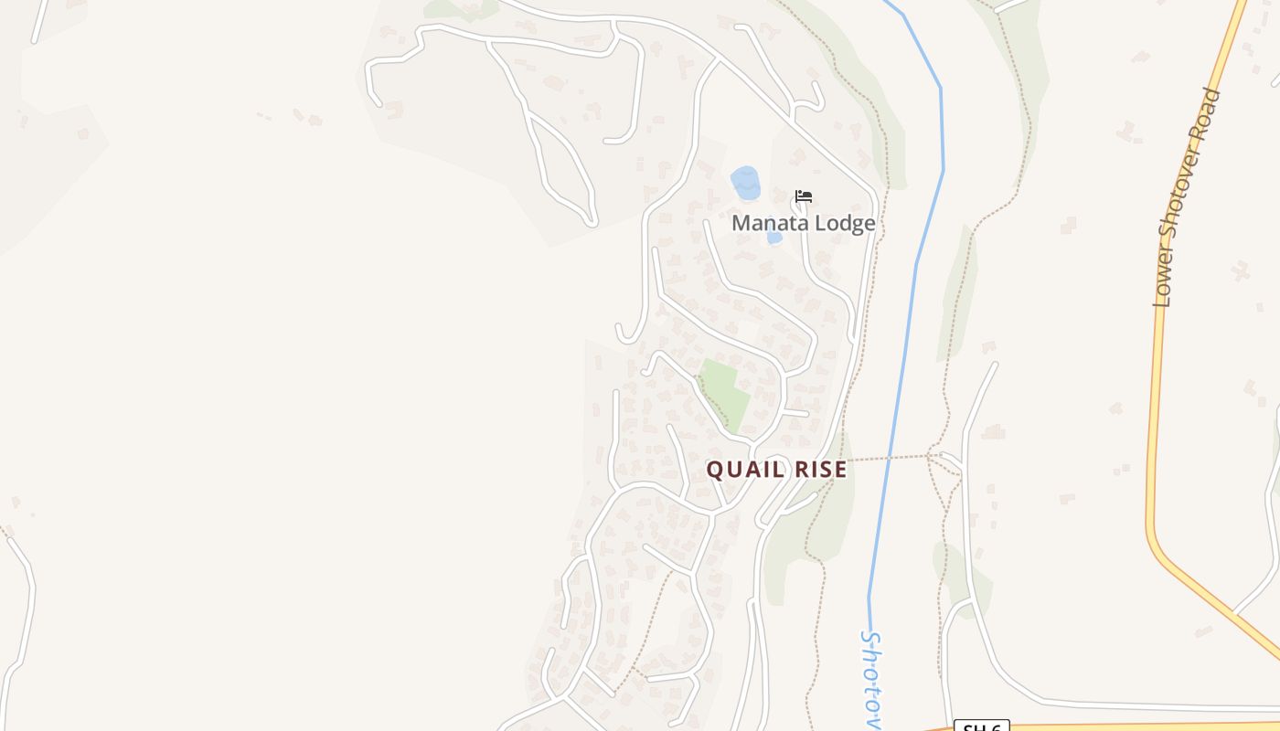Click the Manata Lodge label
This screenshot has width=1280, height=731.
click(803, 223)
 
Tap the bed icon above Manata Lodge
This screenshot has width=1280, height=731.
click(804, 196)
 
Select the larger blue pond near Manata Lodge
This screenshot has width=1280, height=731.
click(746, 183)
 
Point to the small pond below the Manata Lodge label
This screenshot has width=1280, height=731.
click(774, 238)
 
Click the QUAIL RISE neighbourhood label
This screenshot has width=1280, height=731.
click(776, 470)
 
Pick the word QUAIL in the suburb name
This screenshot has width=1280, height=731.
click(745, 470)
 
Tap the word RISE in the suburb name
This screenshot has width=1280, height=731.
click(821, 470)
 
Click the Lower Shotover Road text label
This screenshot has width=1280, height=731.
click(1188, 197)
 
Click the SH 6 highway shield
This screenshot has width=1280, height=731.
click(982, 726)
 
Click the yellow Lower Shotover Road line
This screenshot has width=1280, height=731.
click(1154, 411)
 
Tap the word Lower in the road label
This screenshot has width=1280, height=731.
click(1164, 283)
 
